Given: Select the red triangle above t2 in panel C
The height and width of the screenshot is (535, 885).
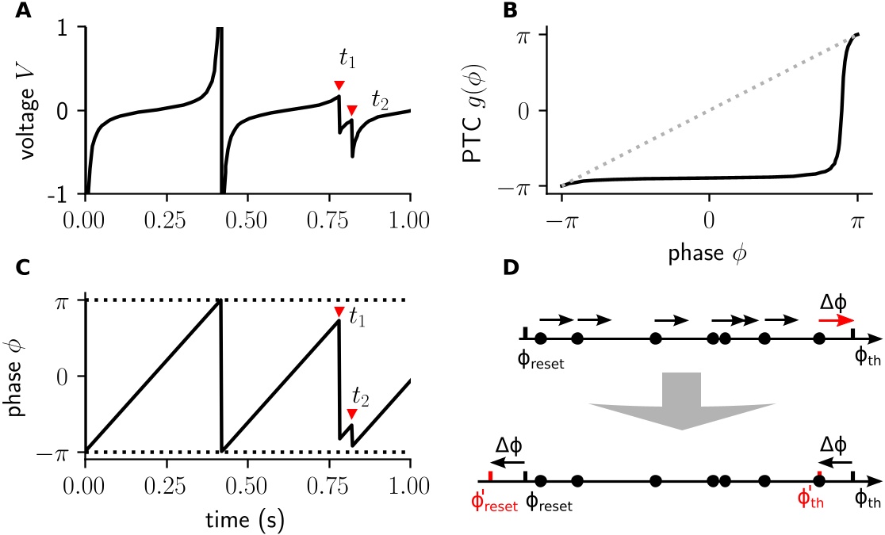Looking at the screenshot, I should [x=352, y=414].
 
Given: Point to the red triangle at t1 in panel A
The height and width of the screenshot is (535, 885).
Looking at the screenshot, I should [x=339, y=85].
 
